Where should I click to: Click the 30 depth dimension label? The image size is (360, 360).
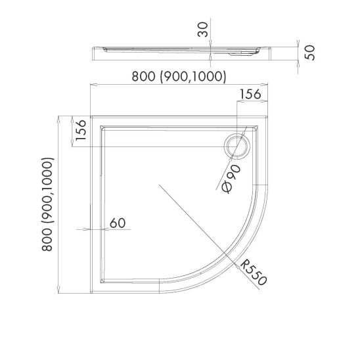click(203, 30)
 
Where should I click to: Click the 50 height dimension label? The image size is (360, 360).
click(309, 53)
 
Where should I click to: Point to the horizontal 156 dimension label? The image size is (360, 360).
click(250, 94)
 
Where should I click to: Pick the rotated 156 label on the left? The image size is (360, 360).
click(81, 130)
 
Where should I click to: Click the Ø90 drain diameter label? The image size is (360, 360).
click(231, 179)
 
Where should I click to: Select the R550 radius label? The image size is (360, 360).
click(254, 272)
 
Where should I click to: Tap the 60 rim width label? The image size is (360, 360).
click(118, 223)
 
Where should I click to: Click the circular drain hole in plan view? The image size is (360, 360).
click(237, 147)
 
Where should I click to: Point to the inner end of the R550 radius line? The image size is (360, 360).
click(159, 185)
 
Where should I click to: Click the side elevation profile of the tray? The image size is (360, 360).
click(181, 53)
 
